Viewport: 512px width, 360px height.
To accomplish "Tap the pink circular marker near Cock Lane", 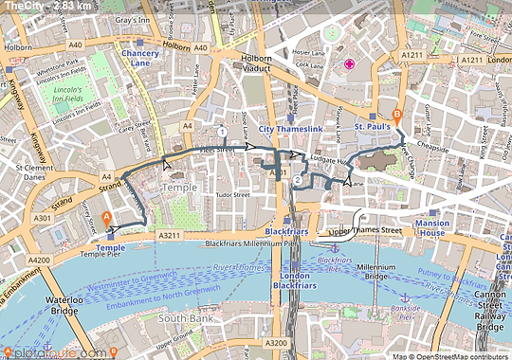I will point(350,63).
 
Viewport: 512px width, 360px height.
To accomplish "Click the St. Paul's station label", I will point(373,126).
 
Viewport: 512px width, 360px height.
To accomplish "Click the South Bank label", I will point(176,319).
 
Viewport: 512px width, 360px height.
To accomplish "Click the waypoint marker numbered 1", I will point(221,132).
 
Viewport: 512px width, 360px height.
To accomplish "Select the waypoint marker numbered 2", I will point(298,180).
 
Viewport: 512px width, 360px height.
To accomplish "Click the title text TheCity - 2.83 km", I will point(47,7).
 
